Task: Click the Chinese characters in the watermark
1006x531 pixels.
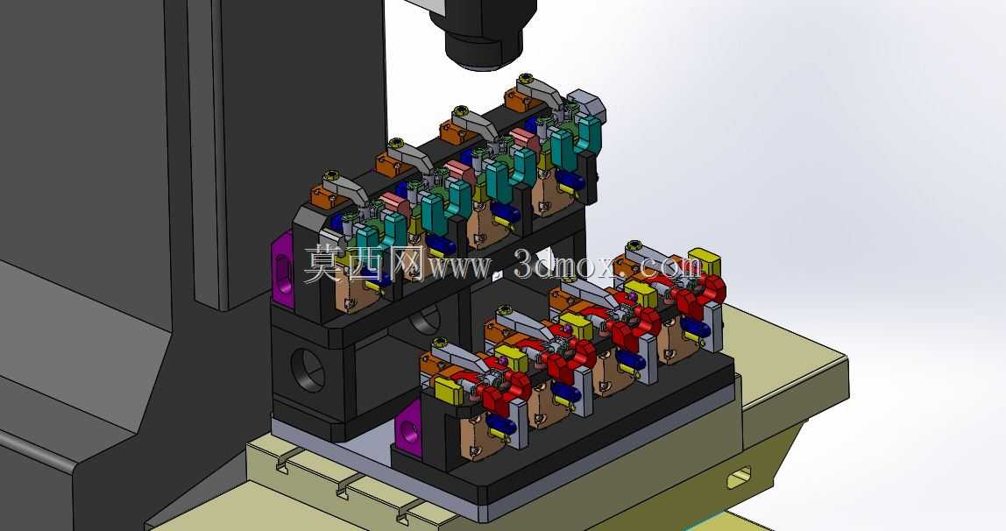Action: pyautogui.click(x=364, y=264)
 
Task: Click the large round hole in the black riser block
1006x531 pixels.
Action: pyautogui.click(x=308, y=370)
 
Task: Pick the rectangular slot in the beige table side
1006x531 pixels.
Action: pyautogui.click(x=739, y=478)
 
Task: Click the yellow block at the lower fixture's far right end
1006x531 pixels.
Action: pyautogui.click(x=704, y=262)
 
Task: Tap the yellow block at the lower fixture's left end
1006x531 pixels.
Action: pyautogui.click(x=449, y=390)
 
